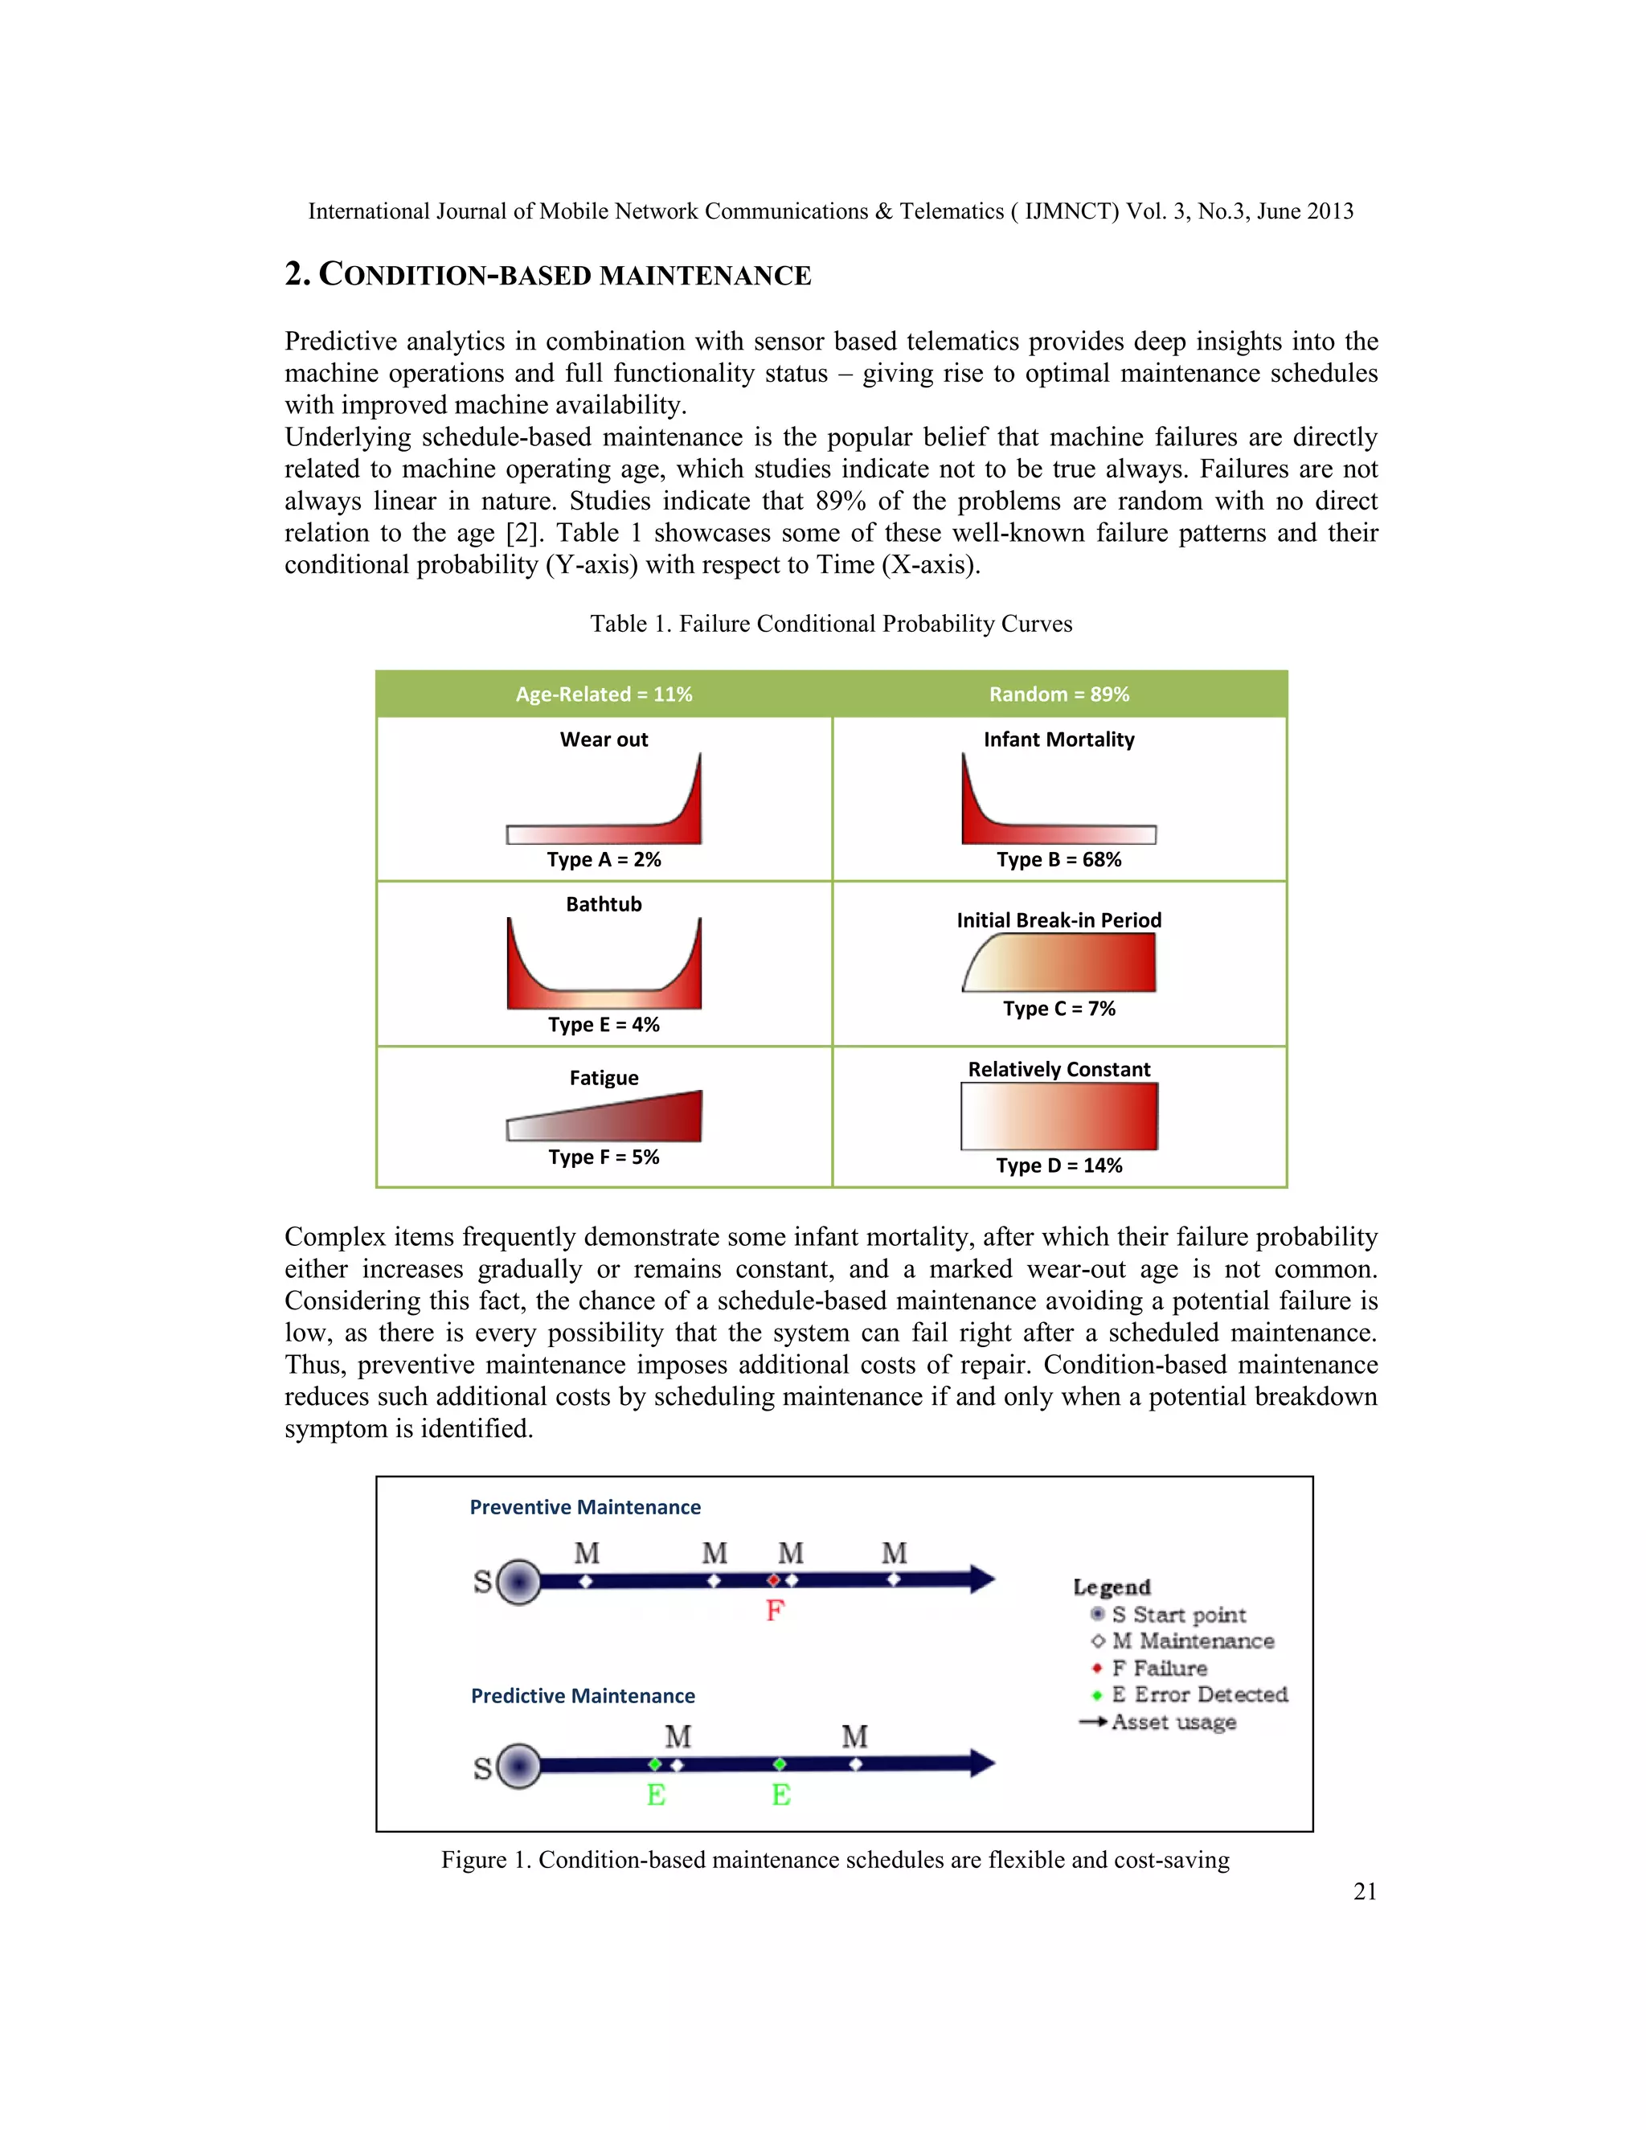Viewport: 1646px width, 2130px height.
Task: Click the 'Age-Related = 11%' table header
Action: click(x=604, y=694)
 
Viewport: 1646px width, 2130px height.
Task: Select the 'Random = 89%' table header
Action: click(x=1059, y=694)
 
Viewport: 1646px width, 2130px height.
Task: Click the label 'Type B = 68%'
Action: click(x=1059, y=859)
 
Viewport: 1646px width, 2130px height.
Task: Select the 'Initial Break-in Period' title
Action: click(x=1059, y=920)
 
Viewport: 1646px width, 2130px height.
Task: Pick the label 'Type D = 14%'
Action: click(x=1059, y=1165)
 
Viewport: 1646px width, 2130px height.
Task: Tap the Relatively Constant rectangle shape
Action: click(x=1059, y=1116)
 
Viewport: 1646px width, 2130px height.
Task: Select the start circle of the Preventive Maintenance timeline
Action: click(x=518, y=1581)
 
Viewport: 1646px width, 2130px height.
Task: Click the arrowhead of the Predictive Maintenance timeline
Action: click(x=981, y=1763)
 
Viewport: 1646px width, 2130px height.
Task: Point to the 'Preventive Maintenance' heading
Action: click(x=585, y=1507)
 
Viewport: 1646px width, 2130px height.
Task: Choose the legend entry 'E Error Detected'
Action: click(x=1198, y=1695)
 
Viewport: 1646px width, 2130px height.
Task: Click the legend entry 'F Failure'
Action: click(x=1158, y=1669)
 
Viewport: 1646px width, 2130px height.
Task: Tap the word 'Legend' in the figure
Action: click(x=1112, y=1587)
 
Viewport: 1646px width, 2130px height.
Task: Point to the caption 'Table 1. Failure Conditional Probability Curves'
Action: click(x=831, y=625)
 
